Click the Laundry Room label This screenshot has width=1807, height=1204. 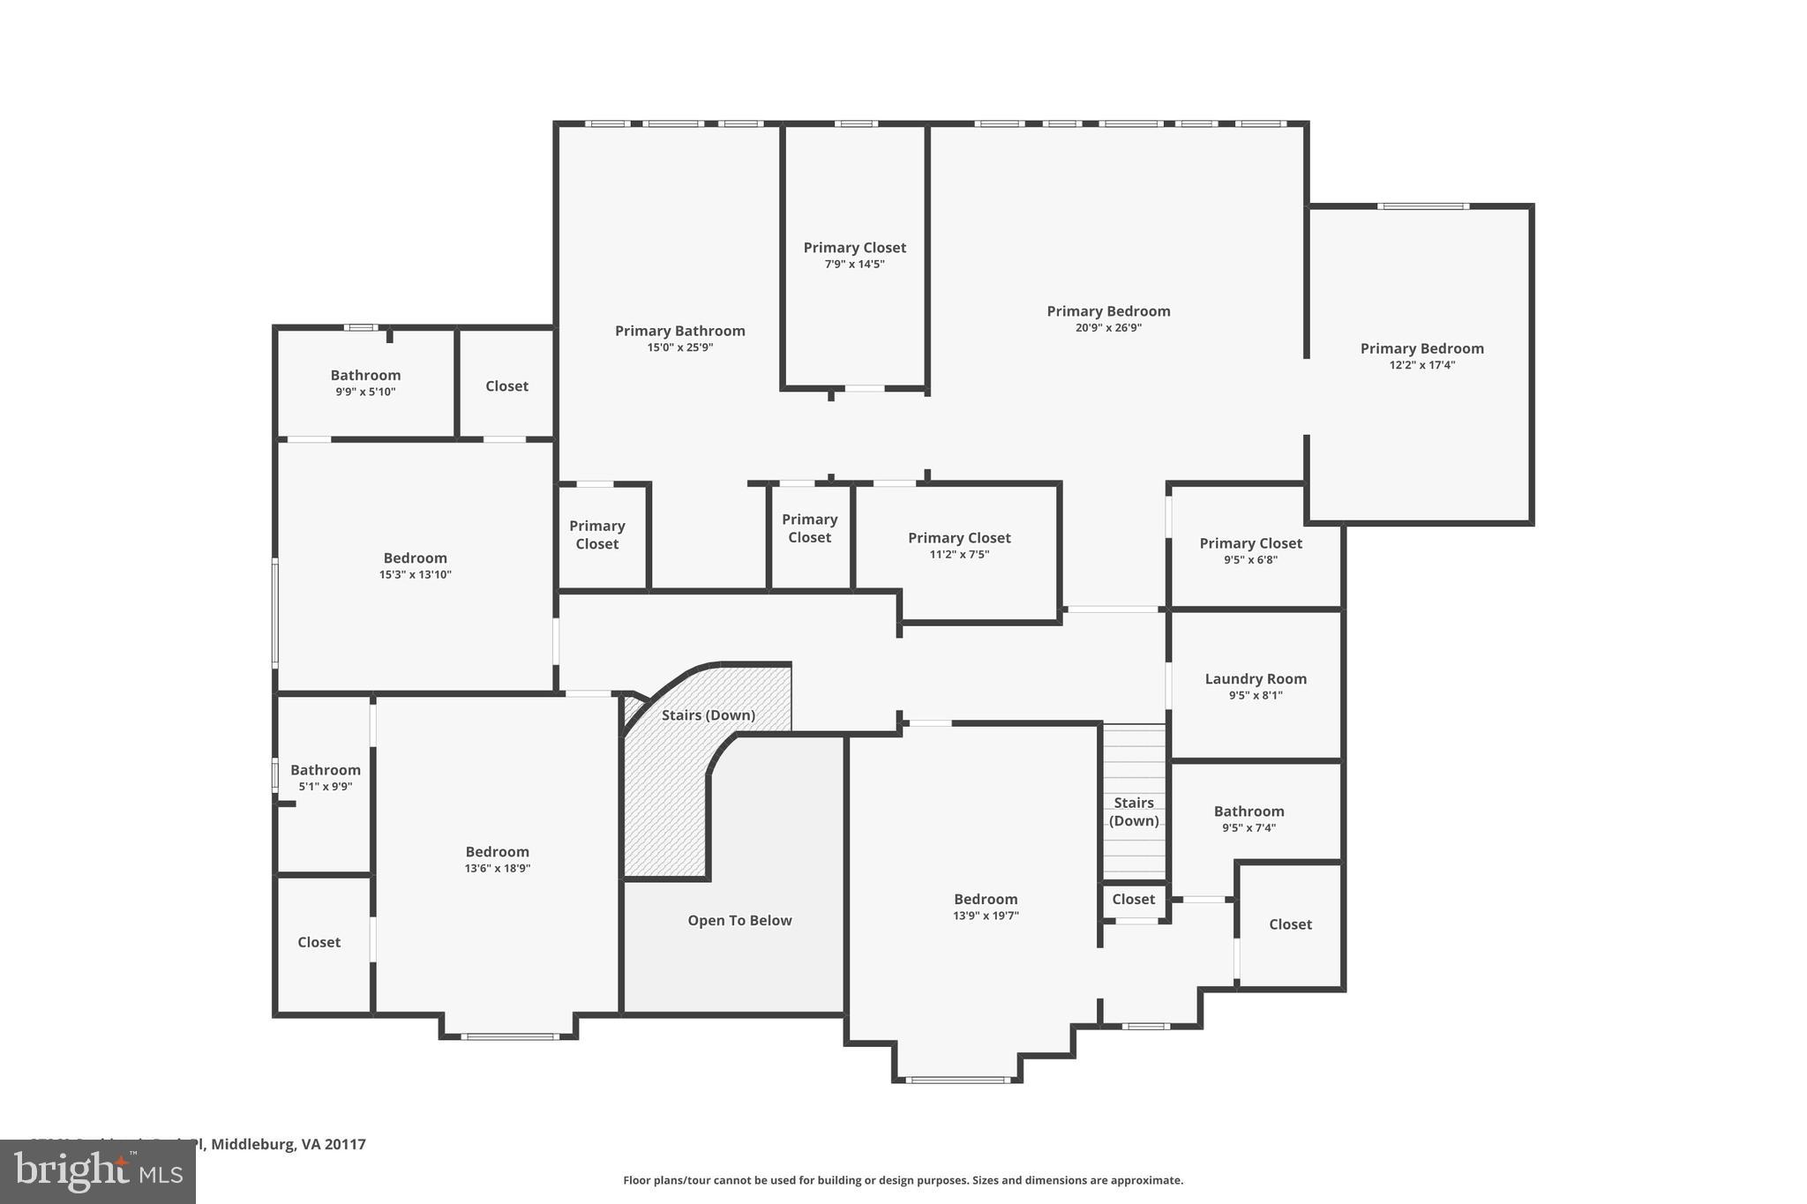pos(1256,678)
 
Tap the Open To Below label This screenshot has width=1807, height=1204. pos(739,920)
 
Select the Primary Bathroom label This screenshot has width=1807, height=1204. pos(679,331)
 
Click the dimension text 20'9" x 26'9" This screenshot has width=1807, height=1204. pos(1108,327)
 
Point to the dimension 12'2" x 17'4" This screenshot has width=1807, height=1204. pos(1421,364)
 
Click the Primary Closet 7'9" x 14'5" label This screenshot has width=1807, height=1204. pos(854,248)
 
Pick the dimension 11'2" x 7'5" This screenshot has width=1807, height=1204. pos(959,554)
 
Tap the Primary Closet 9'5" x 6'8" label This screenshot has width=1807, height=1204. pos(1250,543)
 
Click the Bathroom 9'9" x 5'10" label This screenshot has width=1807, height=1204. pos(365,376)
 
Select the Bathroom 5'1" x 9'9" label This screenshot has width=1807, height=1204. pos(325,770)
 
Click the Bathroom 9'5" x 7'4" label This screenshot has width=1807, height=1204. pos(1248,811)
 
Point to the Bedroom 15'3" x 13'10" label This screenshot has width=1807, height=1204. pos(415,558)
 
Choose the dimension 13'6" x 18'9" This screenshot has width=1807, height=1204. pos(498,868)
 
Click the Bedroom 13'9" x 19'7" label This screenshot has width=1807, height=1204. pos(986,900)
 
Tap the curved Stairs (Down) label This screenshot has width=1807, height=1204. pos(709,714)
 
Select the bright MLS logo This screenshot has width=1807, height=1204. pos(98,1172)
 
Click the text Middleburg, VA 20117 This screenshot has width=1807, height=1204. pos(288,1144)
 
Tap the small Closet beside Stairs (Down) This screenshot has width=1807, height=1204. pos(1133,899)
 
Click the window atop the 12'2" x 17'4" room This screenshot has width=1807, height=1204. pos(1422,206)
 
